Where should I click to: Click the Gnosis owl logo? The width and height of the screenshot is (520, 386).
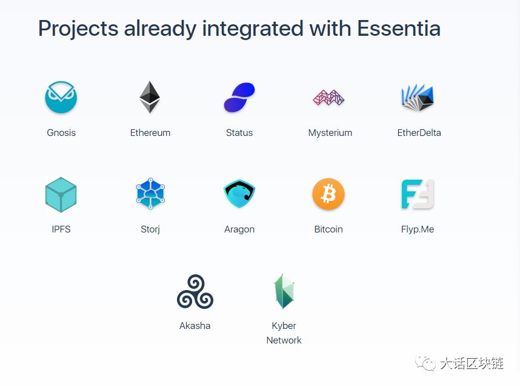click(x=61, y=97)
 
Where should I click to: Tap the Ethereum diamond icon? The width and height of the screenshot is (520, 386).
click(x=150, y=97)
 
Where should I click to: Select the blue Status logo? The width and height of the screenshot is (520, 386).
click(x=239, y=97)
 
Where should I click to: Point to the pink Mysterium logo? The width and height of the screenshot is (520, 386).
click(x=328, y=97)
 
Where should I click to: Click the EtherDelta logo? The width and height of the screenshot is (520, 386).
click(x=418, y=97)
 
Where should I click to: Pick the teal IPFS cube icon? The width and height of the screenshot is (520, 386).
click(x=61, y=195)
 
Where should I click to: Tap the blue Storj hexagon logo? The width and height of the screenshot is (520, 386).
click(x=150, y=194)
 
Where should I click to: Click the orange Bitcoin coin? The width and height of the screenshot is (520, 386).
click(x=328, y=194)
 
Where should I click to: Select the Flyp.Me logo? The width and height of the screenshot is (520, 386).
click(x=418, y=194)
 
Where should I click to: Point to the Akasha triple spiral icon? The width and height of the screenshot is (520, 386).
click(x=195, y=292)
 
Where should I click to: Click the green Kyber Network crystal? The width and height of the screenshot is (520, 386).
click(x=284, y=291)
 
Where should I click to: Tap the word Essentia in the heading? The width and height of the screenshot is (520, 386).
click(x=399, y=29)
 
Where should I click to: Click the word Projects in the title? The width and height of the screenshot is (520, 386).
click(x=78, y=29)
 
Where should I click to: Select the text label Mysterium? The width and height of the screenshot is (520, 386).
click(x=330, y=133)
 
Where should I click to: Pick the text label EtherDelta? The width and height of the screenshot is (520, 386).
click(x=419, y=132)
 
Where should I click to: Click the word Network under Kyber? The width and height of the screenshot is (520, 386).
click(x=284, y=340)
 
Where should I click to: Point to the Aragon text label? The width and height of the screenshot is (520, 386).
click(x=239, y=229)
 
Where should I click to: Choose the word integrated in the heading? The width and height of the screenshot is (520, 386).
click(x=253, y=29)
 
